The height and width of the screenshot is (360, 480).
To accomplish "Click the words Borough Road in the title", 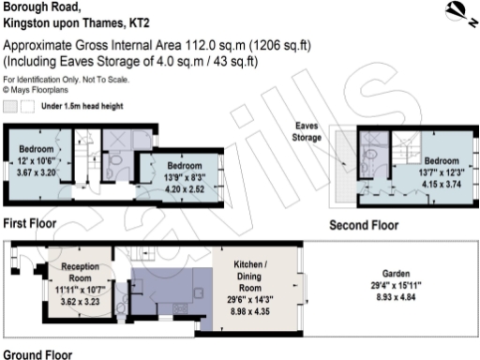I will [37, 7].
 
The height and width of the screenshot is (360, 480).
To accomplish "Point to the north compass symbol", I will [457, 11].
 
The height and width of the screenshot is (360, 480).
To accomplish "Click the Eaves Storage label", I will [308, 131].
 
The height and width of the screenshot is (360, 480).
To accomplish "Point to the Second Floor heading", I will [363, 226].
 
